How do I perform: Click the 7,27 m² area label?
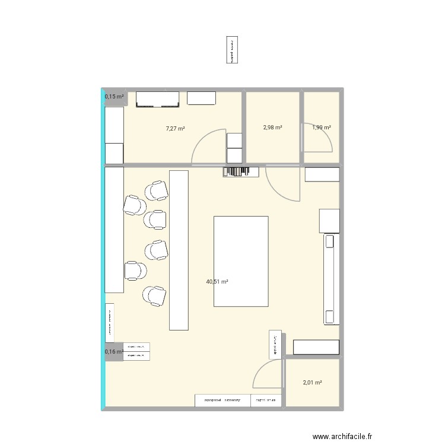(175, 128)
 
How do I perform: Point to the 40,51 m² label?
(217, 282)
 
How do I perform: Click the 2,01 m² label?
(312, 383)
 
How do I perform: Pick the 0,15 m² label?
(115, 97)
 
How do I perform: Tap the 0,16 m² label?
(114, 352)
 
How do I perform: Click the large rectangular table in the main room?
(240, 261)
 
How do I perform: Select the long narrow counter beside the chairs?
(179, 249)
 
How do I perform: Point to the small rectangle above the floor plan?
(231, 50)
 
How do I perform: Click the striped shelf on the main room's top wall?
(241, 171)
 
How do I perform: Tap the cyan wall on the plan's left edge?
(104, 249)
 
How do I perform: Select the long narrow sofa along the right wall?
(330, 279)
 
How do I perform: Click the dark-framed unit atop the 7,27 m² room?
(158, 100)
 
